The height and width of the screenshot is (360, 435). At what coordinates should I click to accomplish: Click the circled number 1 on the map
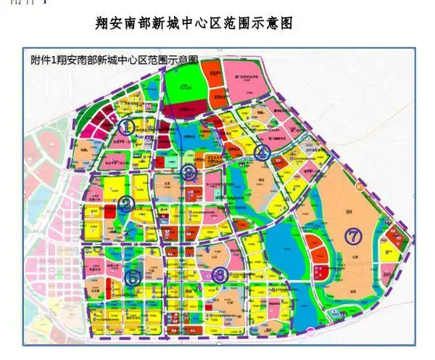click(127, 126)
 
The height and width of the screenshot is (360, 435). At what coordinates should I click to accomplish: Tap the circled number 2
click(126, 205)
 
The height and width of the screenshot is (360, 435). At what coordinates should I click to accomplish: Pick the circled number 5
click(133, 277)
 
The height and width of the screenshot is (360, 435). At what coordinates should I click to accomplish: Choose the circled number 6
click(220, 274)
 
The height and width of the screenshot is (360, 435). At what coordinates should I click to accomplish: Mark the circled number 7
click(353, 236)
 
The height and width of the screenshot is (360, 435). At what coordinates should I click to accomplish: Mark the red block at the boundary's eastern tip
click(396, 235)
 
